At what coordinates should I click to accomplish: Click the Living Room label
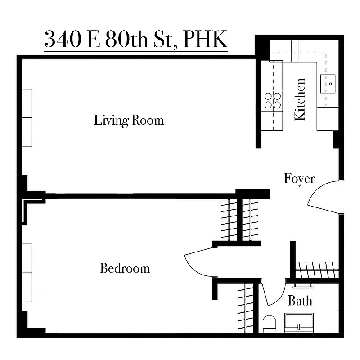point(129,121)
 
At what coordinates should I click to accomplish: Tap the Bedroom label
point(125,269)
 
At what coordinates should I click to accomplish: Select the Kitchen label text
point(300,99)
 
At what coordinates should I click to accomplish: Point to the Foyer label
point(299,179)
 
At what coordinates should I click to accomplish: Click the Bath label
point(300,300)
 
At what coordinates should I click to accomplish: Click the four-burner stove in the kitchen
point(272,100)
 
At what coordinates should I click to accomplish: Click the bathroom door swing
point(272,295)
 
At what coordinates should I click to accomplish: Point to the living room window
point(28,118)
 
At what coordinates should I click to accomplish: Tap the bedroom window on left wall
point(28,273)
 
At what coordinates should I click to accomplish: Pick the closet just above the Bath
point(317,269)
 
